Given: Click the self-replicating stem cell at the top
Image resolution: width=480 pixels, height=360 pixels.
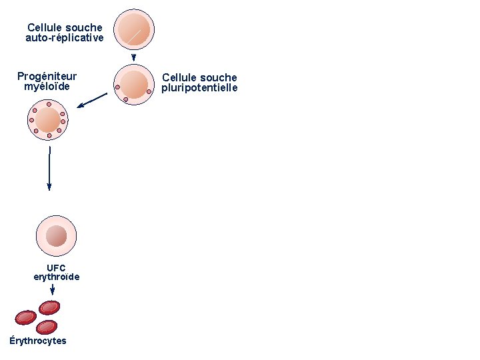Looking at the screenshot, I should (x=134, y=29).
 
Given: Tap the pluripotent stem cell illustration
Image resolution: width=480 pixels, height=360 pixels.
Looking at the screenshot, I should (x=134, y=84).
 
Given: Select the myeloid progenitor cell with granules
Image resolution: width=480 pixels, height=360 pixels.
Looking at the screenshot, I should (x=48, y=121).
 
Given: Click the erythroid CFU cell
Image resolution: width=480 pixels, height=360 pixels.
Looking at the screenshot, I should (x=56, y=236).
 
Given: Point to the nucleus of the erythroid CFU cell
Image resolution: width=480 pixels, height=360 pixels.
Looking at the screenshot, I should (x=57, y=235).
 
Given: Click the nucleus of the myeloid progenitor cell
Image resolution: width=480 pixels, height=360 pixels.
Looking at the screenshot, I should (x=47, y=121).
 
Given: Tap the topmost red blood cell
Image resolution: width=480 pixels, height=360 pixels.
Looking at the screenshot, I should (x=49, y=307).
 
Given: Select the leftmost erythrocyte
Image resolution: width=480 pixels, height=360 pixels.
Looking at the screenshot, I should (x=26, y=317).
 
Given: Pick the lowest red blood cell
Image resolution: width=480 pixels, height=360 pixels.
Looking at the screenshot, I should (x=47, y=327).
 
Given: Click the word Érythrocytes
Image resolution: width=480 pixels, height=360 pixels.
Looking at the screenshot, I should (x=38, y=341).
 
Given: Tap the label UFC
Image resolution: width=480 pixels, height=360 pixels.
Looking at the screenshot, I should (x=56, y=268).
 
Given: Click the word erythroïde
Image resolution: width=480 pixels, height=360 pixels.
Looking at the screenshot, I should (x=57, y=277).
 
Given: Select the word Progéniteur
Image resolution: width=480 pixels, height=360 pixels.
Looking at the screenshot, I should (x=47, y=77).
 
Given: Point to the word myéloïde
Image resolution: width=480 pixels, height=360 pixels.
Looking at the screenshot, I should (x=47, y=86).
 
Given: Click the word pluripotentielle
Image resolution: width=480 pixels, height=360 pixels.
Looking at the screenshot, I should (x=199, y=88).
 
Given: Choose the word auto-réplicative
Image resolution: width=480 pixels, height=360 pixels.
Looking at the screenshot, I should (x=65, y=38).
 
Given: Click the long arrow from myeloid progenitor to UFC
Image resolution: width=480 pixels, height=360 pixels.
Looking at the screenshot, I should (x=49, y=169).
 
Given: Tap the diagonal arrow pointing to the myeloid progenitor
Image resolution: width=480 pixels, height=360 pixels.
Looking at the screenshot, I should (x=91, y=100).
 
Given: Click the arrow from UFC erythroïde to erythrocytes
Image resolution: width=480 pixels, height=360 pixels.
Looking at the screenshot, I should (x=53, y=290).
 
